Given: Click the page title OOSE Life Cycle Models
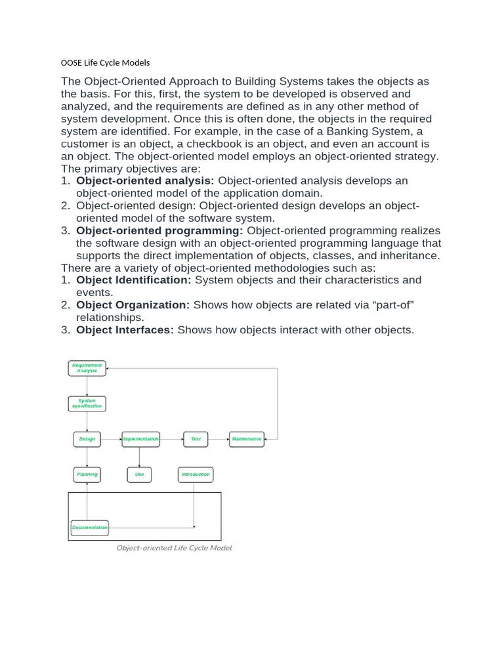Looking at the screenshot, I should [106, 62].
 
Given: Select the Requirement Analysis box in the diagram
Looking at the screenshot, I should [87, 368].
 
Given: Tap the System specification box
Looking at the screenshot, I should [87, 404].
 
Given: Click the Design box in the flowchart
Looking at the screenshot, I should [87, 439].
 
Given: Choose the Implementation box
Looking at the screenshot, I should [140, 439].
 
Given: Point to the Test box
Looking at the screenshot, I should [196, 439].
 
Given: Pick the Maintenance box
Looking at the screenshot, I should [247, 439].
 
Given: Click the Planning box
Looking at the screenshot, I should [87, 474].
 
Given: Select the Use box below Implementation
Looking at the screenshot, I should [139, 474].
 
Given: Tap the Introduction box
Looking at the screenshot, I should [196, 474].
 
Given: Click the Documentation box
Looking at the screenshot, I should [89, 528].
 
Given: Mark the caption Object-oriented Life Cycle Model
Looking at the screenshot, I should [174, 548].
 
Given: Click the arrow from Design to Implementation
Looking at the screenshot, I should [112, 439].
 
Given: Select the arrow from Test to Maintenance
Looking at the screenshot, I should [219, 439].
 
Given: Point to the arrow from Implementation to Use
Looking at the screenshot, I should [140, 457].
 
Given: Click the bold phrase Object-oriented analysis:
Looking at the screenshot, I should [145, 180].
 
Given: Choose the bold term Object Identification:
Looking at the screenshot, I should [134, 280].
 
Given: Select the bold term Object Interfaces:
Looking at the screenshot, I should [125, 330].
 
